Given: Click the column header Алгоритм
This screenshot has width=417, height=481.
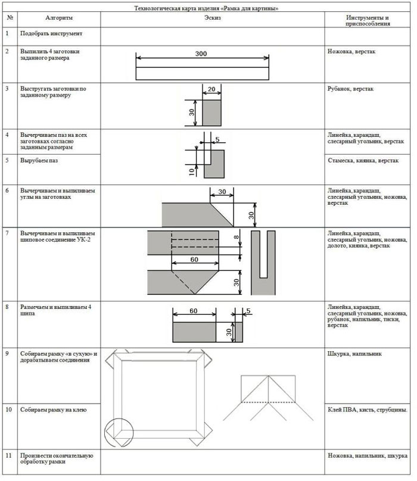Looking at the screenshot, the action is pyautogui.click(x=59, y=18).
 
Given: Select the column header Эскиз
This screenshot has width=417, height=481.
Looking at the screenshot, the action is pyautogui.click(x=213, y=18).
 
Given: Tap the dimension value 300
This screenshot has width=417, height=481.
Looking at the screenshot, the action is pyautogui.click(x=201, y=54).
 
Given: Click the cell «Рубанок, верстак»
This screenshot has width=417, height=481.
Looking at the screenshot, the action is pyautogui.click(x=350, y=89).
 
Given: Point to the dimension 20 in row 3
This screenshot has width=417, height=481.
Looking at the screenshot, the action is pyautogui.click(x=211, y=89).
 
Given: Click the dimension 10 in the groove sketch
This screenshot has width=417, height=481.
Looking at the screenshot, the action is pyautogui.click(x=192, y=172).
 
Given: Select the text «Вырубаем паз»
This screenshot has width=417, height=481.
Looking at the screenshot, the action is pyautogui.click(x=39, y=161).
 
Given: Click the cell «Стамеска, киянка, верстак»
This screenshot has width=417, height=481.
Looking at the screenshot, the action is pyautogui.click(x=363, y=161).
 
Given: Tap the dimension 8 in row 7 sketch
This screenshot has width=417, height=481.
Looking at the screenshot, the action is pyautogui.click(x=236, y=237).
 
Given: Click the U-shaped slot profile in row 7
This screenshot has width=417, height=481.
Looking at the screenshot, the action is pyautogui.click(x=263, y=263).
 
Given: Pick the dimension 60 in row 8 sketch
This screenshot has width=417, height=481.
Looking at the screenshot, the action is pyautogui.click(x=194, y=311).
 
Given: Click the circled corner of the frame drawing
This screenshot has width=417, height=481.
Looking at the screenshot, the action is pyautogui.click(x=119, y=432).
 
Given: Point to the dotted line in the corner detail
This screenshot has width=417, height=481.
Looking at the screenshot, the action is pyautogui.click(x=268, y=402).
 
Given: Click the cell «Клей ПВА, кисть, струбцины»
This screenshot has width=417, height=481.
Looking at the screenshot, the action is pyautogui.click(x=368, y=410).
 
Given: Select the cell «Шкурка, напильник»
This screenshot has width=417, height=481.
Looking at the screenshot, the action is pyautogui.click(x=354, y=354).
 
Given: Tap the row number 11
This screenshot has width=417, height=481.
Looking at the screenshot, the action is pyautogui.click(x=8, y=455).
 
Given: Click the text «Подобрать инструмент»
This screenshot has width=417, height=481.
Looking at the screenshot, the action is pyautogui.click(x=51, y=33).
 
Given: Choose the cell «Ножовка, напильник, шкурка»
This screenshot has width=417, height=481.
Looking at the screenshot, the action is pyautogui.click(x=368, y=456).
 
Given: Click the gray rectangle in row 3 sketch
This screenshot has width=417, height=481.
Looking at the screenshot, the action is pyautogui.click(x=211, y=113).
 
